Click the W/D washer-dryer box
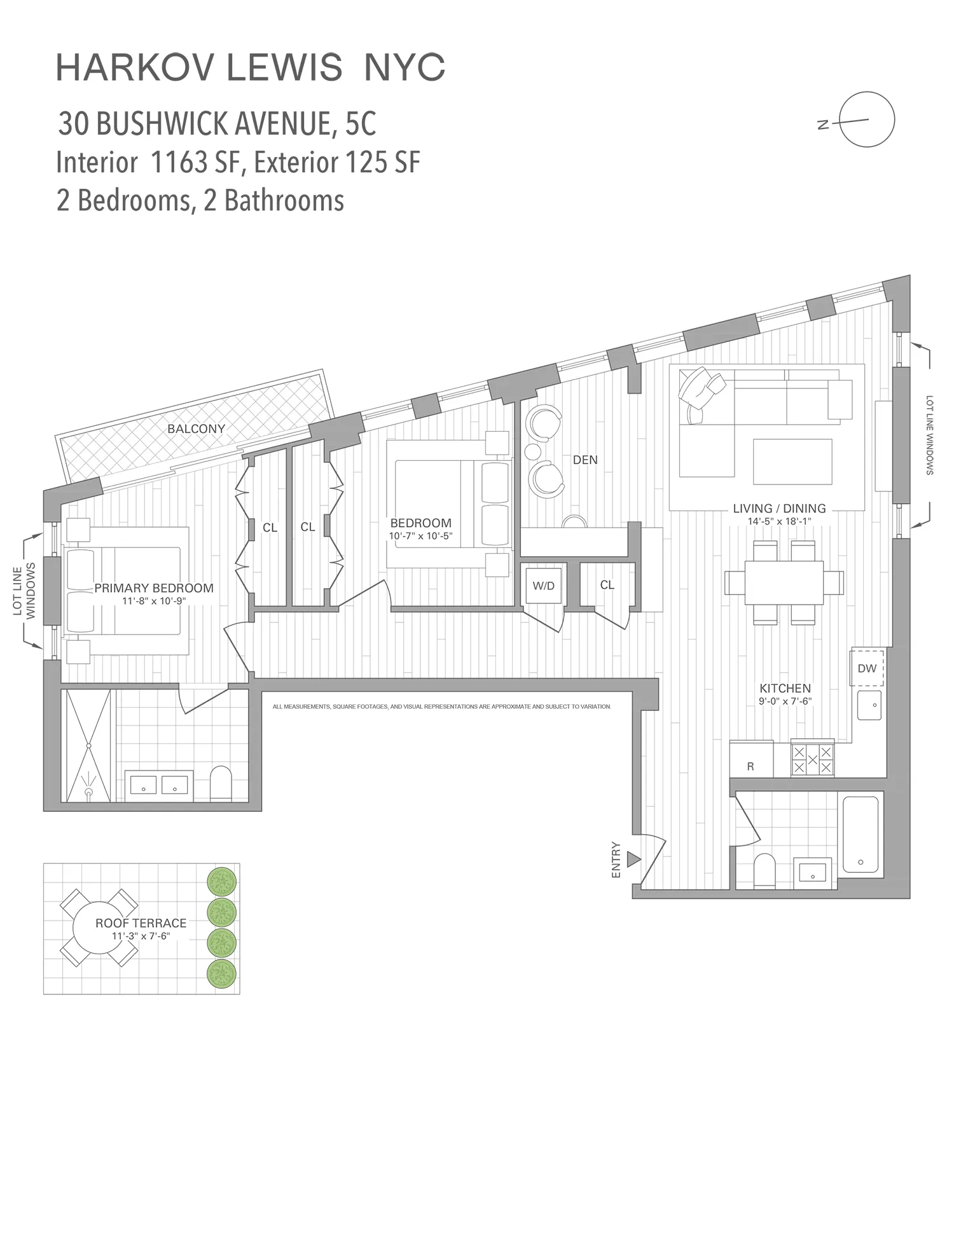pyautogui.click(x=543, y=586)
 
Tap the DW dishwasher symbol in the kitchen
pyautogui.click(x=867, y=668)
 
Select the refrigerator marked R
pyautogui.click(x=750, y=761)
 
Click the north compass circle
pyautogui.click(x=867, y=120)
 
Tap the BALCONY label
pyautogui.click(x=196, y=428)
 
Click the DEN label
pyautogui.click(x=585, y=460)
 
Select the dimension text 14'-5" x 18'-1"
pyautogui.click(x=779, y=521)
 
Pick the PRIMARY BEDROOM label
pyautogui.click(x=154, y=588)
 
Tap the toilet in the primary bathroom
pyautogui.click(x=221, y=783)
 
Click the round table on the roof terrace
pyautogui.click(x=99, y=929)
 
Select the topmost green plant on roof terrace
pyautogui.click(x=222, y=881)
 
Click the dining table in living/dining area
pyautogui.click(x=784, y=582)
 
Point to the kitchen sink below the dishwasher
pyautogui.click(x=869, y=706)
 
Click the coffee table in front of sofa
pyautogui.click(x=792, y=462)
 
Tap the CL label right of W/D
pyautogui.click(x=607, y=584)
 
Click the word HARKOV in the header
pyautogui.click(x=134, y=68)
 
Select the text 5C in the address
pyautogui.click(x=361, y=124)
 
